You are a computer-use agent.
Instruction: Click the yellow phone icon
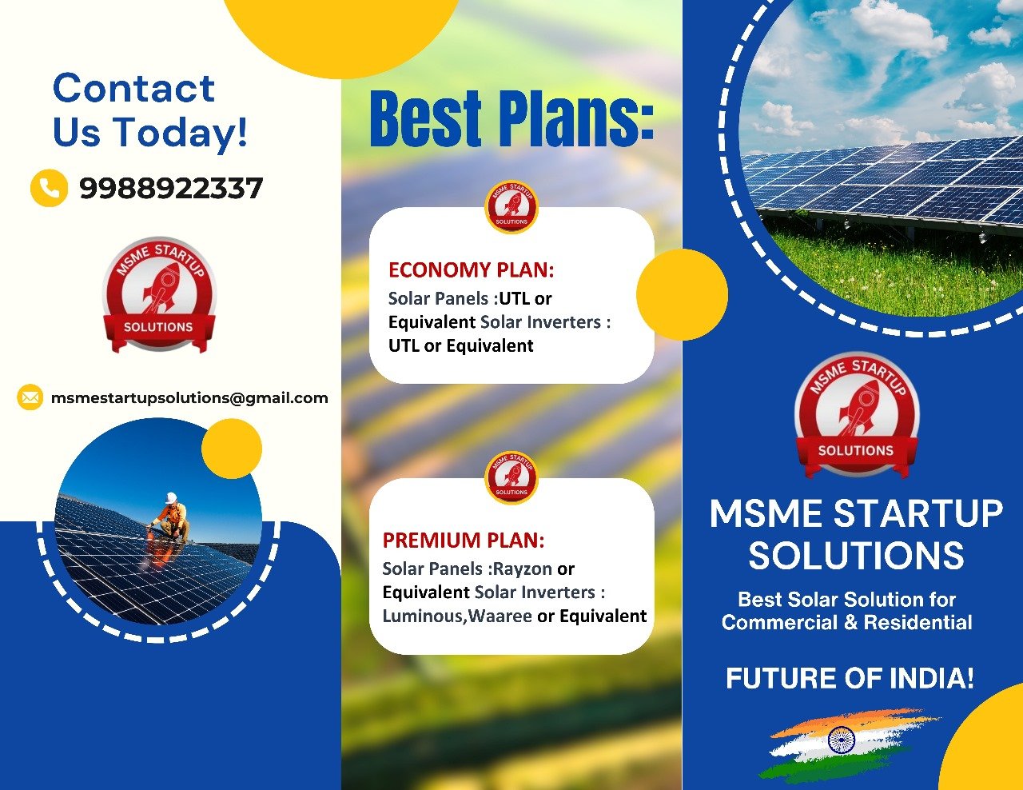point(49,188)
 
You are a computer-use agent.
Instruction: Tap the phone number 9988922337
point(171,189)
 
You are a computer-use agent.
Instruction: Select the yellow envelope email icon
point(30,397)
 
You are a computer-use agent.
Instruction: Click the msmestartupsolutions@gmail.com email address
point(189,398)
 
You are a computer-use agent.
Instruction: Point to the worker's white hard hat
point(171,498)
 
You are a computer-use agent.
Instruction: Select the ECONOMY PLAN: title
point(472,270)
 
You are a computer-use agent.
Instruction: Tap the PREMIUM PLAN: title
point(464,540)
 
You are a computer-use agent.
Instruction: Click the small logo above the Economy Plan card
point(511,206)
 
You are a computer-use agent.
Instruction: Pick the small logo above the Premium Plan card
point(511,478)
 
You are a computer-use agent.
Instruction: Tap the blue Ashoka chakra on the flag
point(841,740)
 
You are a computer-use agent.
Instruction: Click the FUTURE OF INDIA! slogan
point(850,678)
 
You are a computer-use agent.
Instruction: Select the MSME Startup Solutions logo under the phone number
point(159,295)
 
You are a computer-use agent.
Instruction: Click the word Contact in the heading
point(134,88)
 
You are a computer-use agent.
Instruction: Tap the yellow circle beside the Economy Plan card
point(683,295)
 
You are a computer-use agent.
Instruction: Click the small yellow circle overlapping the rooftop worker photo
point(232,449)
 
